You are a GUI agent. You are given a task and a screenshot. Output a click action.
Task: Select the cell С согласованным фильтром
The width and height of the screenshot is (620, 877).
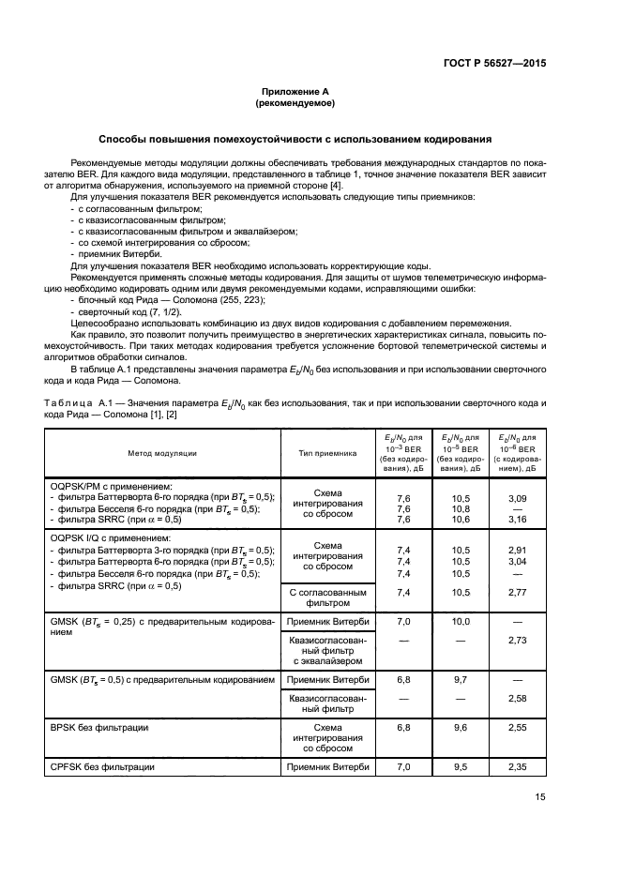[327, 598]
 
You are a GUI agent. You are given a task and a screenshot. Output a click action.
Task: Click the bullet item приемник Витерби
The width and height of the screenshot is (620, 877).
[121, 254]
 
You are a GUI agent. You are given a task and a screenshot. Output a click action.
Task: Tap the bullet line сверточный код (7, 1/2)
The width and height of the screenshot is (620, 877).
[129, 310]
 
